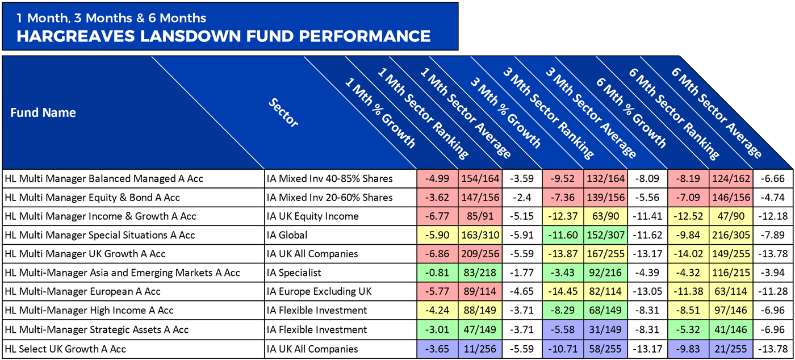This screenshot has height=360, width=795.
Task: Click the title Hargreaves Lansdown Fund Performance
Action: (223, 36)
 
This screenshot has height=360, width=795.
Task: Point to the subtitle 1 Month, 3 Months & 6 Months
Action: (111, 18)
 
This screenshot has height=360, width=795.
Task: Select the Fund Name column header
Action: (43, 112)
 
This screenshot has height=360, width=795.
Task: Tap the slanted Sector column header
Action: (283, 113)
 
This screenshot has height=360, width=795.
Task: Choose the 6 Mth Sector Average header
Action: (716, 112)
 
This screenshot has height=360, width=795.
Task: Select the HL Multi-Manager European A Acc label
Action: (82, 292)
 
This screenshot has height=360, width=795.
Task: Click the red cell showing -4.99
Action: (437, 179)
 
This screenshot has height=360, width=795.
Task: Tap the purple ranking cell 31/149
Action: (605, 330)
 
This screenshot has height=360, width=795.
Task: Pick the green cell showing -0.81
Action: (437, 273)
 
